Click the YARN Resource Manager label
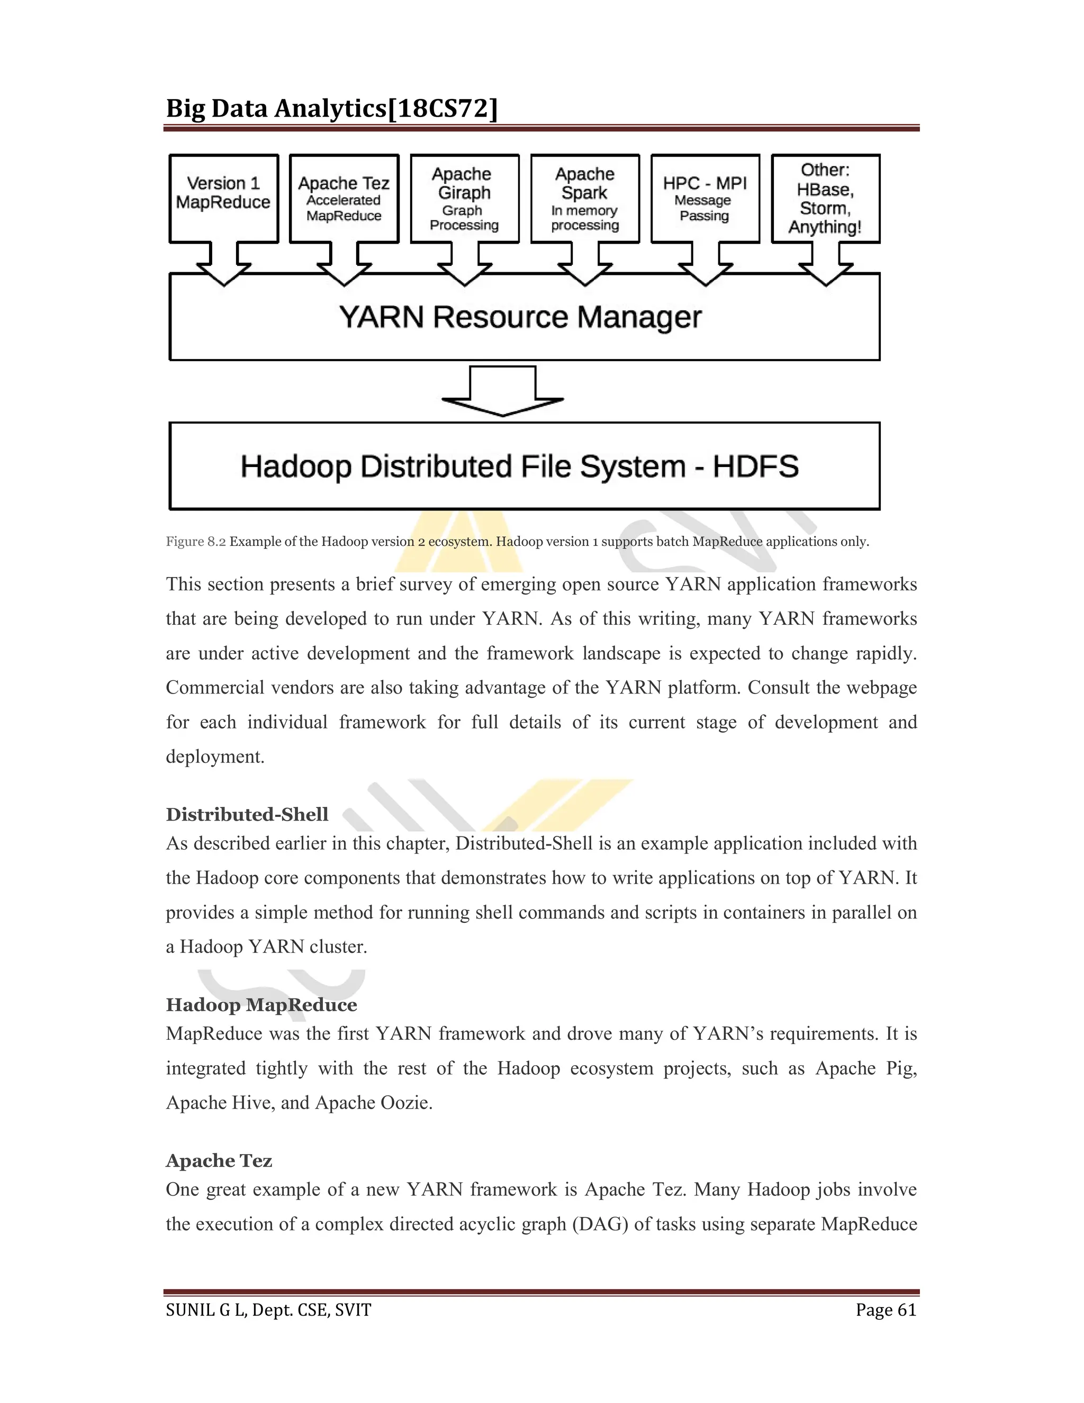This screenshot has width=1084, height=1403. coord(520,317)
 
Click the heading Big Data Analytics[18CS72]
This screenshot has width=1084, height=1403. coord(332,109)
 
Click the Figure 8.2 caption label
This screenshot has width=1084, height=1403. coord(196,542)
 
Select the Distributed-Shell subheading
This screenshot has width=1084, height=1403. coord(247,815)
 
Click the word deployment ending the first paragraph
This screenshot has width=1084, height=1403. coord(214,757)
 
